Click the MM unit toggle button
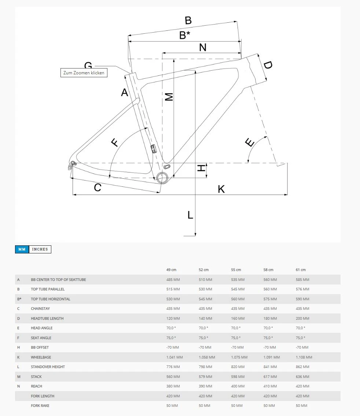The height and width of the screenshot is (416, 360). click(x=22, y=249)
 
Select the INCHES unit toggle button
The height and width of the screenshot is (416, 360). click(x=40, y=249)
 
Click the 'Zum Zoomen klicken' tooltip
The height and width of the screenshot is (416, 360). click(x=84, y=73)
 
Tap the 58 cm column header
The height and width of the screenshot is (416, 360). click(x=268, y=270)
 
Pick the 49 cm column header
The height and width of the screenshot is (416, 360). click(x=171, y=270)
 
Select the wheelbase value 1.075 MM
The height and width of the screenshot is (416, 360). click(x=239, y=357)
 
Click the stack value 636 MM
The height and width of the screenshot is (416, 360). click(x=302, y=376)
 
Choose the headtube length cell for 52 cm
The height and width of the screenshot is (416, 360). click(x=205, y=319)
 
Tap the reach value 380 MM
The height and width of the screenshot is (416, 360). click(x=173, y=386)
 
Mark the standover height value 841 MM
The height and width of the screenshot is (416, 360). click(x=270, y=367)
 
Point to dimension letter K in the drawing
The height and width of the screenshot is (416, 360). click(x=221, y=189)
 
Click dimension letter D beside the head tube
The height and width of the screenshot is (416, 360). click(x=268, y=65)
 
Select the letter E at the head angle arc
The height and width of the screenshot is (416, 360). click(x=250, y=142)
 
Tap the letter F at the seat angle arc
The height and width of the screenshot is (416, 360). click(x=115, y=142)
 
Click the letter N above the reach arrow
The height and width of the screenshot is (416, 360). click(x=203, y=47)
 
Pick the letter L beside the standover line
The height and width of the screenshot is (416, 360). click(x=190, y=215)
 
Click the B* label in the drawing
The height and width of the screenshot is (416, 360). click(x=185, y=35)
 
